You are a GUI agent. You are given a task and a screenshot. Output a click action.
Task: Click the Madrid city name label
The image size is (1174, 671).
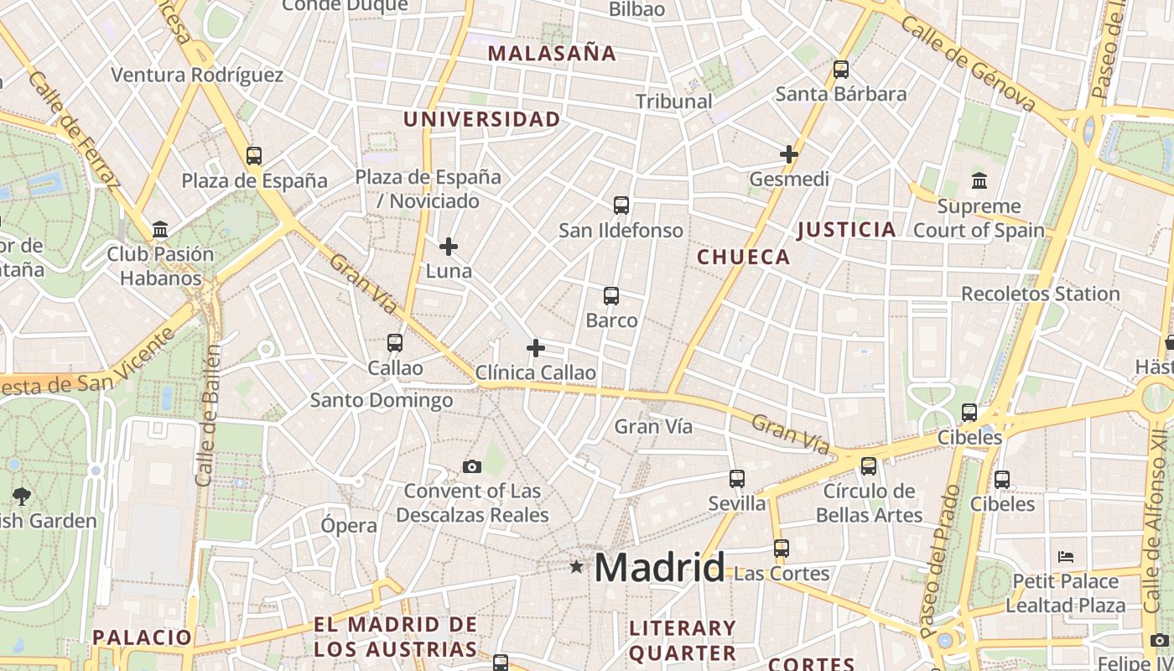(x=659, y=568)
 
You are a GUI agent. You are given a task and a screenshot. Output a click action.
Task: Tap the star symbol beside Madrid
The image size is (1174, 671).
(x=576, y=567)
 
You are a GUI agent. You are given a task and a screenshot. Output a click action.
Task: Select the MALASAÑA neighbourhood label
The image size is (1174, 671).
(x=552, y=54)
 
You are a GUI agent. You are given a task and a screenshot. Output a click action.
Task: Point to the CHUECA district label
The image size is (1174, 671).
(x=744, y=257)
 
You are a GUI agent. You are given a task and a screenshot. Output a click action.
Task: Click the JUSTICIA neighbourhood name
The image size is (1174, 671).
(x=846, y=230)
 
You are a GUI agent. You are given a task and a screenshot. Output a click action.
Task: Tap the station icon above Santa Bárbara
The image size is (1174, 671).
(x=840, y=70)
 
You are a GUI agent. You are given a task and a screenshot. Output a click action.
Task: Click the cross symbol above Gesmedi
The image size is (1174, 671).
(x=788, y=154)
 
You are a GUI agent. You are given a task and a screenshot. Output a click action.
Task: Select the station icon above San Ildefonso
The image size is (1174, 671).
(x=621, y=205)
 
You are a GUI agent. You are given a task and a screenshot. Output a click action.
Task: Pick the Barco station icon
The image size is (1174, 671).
(x=611, y=296)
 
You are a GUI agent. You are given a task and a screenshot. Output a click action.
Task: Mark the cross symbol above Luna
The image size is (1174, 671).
(x=449, y=247)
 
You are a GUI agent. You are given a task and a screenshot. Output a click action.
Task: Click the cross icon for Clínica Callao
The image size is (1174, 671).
(x=536, y=348)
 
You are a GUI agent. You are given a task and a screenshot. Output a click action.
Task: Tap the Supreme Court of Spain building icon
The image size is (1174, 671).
(x=979, y=181)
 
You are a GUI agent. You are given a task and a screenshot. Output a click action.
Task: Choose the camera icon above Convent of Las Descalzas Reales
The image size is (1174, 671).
(x=472, y=466)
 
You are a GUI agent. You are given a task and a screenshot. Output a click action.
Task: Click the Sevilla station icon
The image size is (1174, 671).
(x=737, y=479)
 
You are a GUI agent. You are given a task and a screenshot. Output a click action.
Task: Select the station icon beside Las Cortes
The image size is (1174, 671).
(x=782, y=549)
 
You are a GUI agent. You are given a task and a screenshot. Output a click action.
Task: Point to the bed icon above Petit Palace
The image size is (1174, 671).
(x=1065, y=557)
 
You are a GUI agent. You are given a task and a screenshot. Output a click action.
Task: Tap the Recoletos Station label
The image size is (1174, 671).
(x=1040, y=294)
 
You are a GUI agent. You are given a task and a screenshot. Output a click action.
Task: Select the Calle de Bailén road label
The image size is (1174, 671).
(x=208, y=415)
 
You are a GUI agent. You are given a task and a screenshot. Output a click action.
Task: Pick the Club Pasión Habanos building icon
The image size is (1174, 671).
(x=160, y=230)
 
